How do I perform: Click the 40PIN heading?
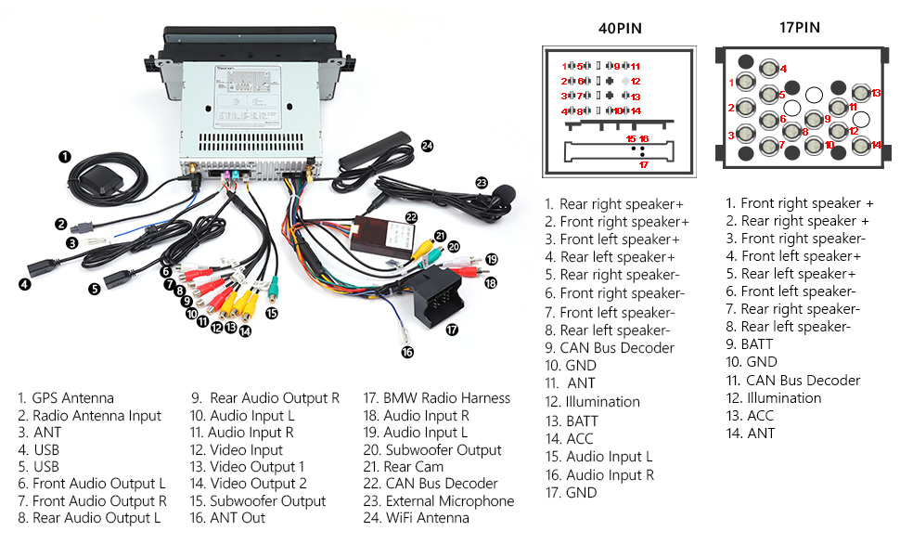(619, 27)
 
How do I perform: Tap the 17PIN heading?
(799, 27)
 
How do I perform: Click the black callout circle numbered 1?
(65, 156)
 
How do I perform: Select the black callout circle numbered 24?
(427, 145)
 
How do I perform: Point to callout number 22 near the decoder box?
(412, 216)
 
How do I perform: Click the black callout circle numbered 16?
(406, 352)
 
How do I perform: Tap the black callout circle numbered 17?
(452, 329)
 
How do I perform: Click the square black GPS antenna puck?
(96, 179)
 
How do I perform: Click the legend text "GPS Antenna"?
(72, 398)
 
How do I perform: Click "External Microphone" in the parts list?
(449, 501)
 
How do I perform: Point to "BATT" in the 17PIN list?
(757, 344)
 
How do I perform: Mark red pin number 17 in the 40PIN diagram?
(642, 165)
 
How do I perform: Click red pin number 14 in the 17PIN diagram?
(876, 145)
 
